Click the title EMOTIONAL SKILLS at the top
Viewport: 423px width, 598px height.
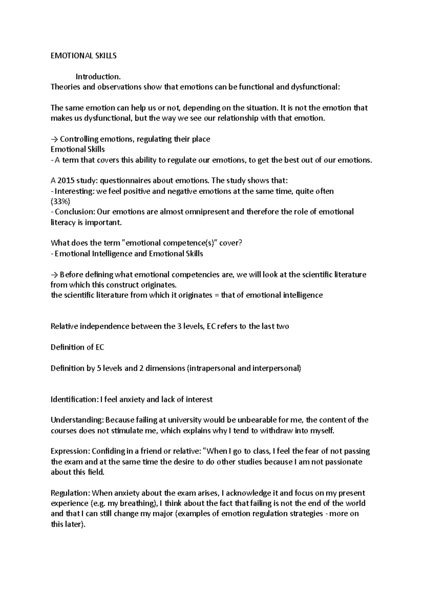pyautogui.click(x=84, y=56)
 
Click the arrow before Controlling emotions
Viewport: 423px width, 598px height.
pyautogui.click(x=55, y=139)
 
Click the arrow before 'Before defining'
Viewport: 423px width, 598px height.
pyautogui.click(x=55, y=274)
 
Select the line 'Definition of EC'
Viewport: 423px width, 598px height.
pyautogui.click(x=78, y=347)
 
